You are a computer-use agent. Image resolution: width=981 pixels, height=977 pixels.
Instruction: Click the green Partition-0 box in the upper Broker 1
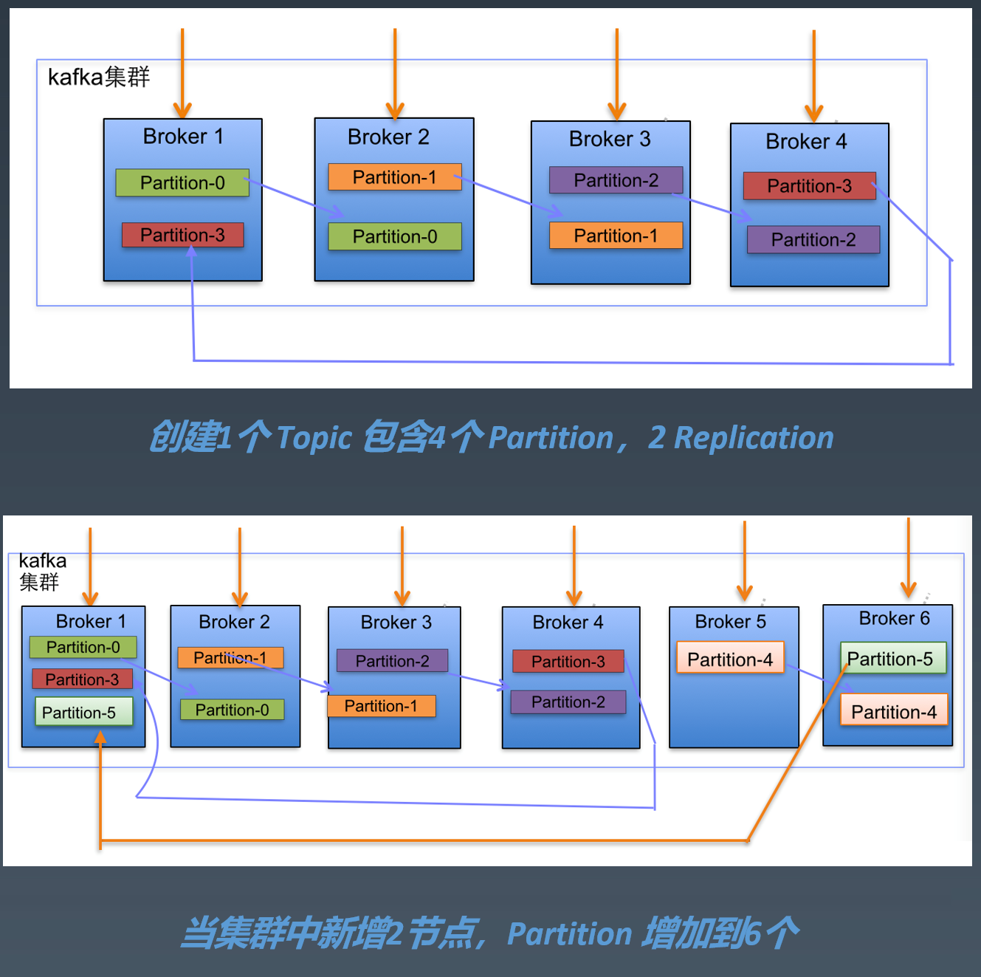(182, 182)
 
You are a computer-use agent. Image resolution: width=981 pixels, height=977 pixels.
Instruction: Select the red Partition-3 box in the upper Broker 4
(809, 186)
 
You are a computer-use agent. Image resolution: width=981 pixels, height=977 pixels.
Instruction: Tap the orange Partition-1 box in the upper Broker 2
(394, 177)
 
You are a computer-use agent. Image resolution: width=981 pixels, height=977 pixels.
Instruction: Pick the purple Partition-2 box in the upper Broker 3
(616, 180)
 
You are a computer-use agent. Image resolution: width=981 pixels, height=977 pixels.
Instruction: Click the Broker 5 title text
(730, 622)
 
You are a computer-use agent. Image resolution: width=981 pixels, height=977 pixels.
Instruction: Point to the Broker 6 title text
(894, 618)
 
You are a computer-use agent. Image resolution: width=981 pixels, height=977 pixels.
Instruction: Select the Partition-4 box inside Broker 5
(730, 659)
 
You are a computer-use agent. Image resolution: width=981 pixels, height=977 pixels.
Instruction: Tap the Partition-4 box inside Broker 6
(893, 712)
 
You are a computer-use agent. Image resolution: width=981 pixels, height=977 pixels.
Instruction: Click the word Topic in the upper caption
(314, 438)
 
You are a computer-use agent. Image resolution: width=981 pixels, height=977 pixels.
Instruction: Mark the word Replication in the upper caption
(754, 438)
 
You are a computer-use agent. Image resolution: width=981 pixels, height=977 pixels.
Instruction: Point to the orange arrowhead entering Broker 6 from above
(909, 590)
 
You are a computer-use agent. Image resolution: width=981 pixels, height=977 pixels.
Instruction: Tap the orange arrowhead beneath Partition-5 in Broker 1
(100, 737)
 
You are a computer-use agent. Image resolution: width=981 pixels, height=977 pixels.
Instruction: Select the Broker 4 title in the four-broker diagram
(806, 141)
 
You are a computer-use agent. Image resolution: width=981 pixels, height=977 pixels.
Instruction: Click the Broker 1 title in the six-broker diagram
(90, 621)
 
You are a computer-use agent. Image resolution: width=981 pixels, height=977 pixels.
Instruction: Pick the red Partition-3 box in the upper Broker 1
(182, 235)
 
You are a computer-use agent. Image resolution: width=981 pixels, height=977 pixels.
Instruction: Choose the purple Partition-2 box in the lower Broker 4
(568, 702)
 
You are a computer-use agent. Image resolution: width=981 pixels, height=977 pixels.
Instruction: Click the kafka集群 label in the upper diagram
(99, 77)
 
